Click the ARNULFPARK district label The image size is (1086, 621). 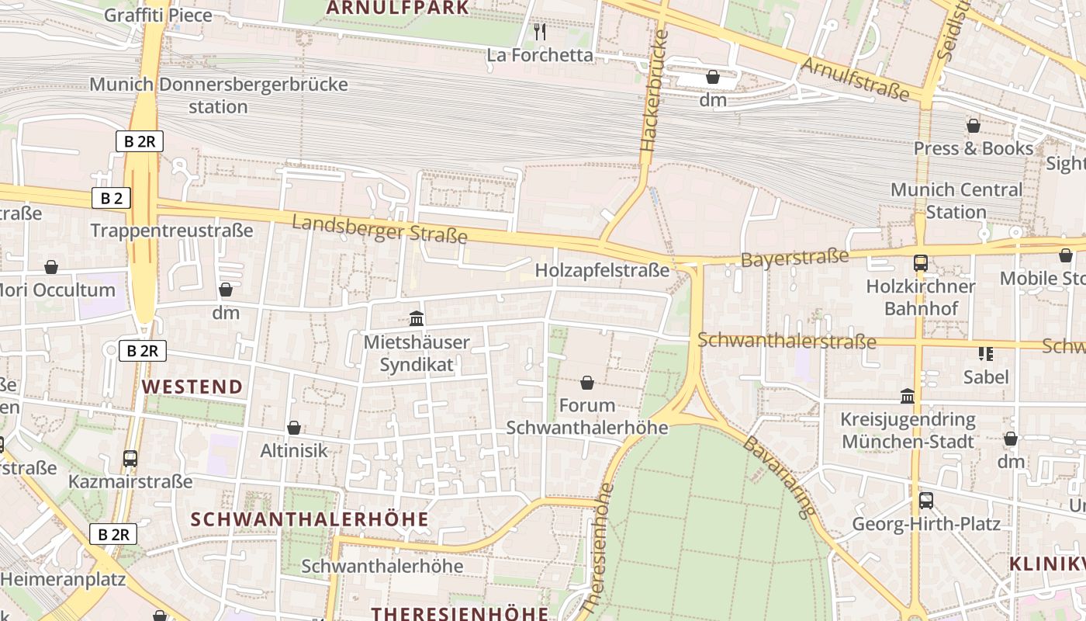(397, 8)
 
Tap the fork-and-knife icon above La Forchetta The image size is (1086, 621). (540, 32)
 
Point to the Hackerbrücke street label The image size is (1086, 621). (654, 92)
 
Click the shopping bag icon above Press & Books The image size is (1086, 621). (974, 126)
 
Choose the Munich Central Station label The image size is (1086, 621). (956, 201)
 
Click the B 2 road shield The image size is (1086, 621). (111, 198)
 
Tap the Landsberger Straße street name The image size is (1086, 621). (379, 229)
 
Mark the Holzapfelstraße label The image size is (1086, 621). (602, 271)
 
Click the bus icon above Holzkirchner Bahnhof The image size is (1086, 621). (921, 263)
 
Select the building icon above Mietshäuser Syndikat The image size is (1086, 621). (417, 319)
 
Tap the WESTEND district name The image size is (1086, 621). (192, 387)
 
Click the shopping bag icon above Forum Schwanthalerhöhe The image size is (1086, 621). (587, 383)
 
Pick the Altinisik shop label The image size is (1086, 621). (294, 450)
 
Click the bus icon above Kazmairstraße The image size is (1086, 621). (130, 459)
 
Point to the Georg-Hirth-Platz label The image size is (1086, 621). (926, 523)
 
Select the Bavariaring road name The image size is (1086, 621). (780, 477)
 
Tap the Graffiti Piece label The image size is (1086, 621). (157, 15)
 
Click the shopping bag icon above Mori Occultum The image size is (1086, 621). (51, 268)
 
